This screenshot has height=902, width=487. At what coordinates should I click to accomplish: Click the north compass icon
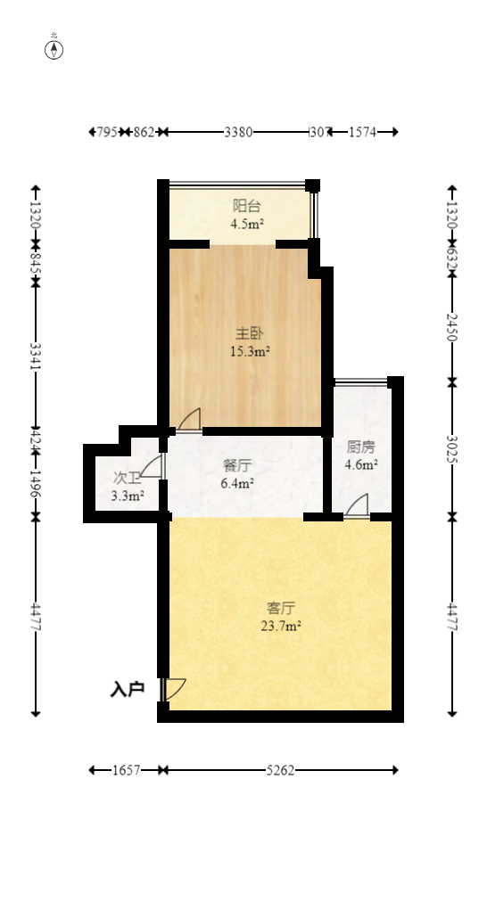pyautogui.click(x=54, y=49)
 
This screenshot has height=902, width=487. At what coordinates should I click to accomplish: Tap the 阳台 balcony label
pyautogui.click(x=246, y=206)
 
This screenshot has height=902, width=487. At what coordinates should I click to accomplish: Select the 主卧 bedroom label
pyautogui.click(x=249, y=333)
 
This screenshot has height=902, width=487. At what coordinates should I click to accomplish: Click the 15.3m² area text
pyautogui.click(x=250, y=351)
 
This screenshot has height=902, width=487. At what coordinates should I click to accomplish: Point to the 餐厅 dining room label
pyautogui.click(x=236, y=464)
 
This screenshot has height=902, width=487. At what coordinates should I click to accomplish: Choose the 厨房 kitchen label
pyautogui.click(x=361, y=447)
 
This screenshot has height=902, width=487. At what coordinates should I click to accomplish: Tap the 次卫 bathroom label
pyautogui.click(x=128, y=478)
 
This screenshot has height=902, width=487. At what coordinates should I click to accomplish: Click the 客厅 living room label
pyautogui.click(x=281, y=608)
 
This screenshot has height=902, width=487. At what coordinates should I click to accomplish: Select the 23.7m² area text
pyautogui.click(x=281, y=626)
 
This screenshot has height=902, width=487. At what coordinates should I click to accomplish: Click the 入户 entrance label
pyautogui.click(x=128, y=689)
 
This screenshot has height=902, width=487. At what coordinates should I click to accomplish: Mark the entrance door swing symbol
pyautogui.click(x=174, y=689)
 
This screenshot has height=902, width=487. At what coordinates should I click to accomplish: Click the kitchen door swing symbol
pyautogui.click(x=357, y=506)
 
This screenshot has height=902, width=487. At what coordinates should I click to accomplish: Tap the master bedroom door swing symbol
pyautogui.click(x=189, y=419)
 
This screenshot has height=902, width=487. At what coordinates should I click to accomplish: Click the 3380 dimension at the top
pyautogui.click(x=238, y=132)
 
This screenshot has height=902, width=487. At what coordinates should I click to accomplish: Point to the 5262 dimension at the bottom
pyautogui.click(x=280, y=770)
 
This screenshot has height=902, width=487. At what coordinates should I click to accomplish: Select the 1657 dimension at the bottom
pyautogui.click(x=127, y=770)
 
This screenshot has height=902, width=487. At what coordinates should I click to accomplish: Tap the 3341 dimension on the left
pyautogui.click(x=36, y=355)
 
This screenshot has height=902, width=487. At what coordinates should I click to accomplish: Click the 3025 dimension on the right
pyautogui.click(x=452, y=449)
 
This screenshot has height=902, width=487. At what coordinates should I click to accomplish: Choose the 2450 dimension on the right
pyautogui.click(x=452, y=327)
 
